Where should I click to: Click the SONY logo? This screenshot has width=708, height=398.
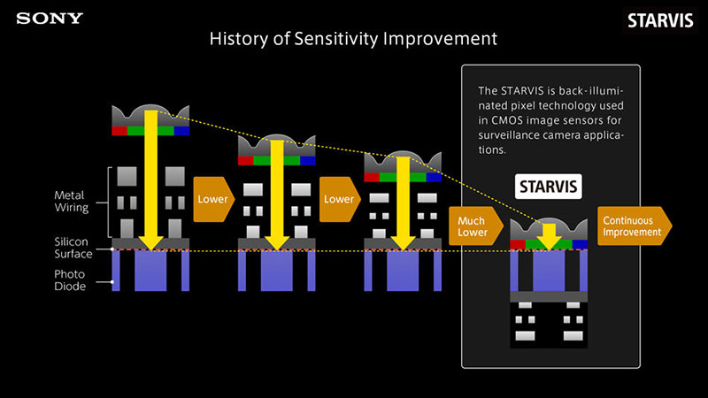(x=50, y=18)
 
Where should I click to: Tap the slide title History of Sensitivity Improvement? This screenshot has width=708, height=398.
(x=353, y=40)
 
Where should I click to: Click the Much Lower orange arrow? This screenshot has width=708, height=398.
(x=474, y=227)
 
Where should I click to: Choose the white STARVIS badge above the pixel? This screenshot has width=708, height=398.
(x=548, y=187)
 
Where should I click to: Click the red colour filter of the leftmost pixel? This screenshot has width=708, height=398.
(x=119, y=130)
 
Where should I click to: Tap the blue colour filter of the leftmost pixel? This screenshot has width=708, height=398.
(x=182, y=130)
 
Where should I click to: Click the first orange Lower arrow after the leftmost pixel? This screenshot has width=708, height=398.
(x=213, y=199)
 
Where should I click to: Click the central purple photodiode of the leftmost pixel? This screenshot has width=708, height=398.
(x=150, y=272)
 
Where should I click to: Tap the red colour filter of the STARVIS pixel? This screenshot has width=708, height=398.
(x=518, y=242)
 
